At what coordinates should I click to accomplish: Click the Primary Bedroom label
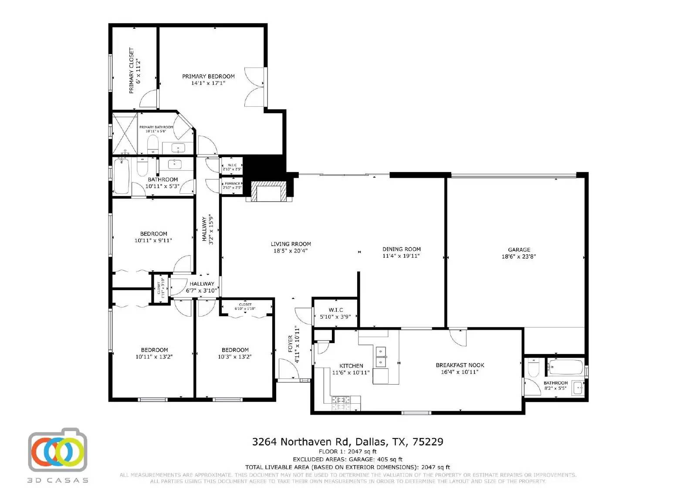point(208,76)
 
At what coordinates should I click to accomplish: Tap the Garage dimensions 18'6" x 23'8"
point(518,257)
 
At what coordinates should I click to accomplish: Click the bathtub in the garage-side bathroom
point(565,367)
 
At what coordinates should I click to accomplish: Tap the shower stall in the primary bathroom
point(125,133)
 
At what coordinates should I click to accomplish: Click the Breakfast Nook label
point(460,365)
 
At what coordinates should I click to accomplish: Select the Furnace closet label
point(232,183)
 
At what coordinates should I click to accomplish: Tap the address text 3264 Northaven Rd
point(302,442)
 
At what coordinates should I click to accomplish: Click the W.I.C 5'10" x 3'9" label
point(335,313)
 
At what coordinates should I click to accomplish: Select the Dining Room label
point(401,249)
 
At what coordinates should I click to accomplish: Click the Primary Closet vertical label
point(132,71)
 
